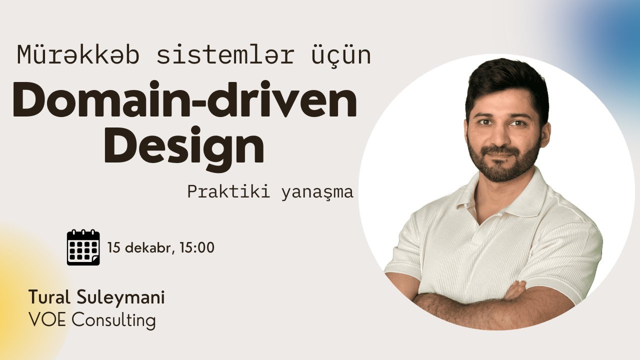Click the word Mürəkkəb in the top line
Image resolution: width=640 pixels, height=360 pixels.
click(78, 54)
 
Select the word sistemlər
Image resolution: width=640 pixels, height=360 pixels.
click(225, 54)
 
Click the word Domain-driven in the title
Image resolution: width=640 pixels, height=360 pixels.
click(184, 98)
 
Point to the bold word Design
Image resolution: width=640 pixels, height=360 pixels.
click(184, 145)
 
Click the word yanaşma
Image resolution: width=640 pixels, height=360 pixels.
click(317, 192)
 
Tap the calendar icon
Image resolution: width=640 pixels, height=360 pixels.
click(83, 247)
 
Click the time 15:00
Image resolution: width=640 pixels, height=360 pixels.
click(197, 247)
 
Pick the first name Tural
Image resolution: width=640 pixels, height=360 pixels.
click(49, 297)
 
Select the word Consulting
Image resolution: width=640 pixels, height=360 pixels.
click(113, 320)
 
